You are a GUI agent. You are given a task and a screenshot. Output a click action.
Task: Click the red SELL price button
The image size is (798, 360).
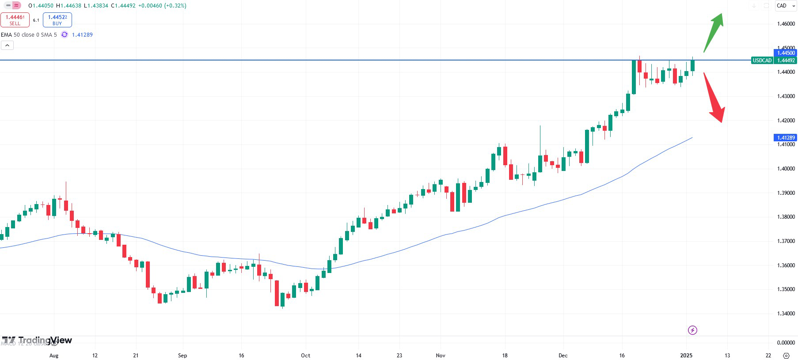[15, 20]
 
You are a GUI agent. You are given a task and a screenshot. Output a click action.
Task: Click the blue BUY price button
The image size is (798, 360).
[57, 20]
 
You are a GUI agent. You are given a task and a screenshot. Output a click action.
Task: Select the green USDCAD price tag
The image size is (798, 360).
[762, 61]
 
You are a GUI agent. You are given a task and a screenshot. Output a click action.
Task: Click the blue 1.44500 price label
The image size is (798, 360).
[786, 53]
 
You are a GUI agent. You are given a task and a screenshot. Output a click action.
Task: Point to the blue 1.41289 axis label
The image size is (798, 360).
[786, 138]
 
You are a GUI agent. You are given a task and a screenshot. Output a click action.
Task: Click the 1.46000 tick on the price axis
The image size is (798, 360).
[786, 24]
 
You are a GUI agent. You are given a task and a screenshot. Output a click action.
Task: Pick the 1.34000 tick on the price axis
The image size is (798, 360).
[786, 314]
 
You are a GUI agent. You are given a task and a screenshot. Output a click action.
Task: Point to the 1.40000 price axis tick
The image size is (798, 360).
[786, 169]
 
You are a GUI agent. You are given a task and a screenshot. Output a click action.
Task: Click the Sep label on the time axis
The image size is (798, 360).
[182, 356]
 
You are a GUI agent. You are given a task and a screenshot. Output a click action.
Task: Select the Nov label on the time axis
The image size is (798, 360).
[441, 356]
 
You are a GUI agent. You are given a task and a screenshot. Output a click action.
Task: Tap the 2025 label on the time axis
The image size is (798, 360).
[686, 356]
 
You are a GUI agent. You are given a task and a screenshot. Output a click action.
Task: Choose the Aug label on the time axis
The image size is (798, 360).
[54, 356]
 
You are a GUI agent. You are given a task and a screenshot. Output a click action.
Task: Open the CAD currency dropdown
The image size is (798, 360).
[786, 6]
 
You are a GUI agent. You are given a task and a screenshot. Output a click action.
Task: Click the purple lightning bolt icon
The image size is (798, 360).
[692, 330]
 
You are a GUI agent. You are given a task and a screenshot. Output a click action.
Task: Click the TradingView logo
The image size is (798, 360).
[37, 340]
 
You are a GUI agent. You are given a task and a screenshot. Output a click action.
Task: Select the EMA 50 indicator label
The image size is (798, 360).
[29, 35]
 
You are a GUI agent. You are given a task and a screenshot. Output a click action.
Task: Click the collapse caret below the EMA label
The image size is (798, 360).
[8, 45]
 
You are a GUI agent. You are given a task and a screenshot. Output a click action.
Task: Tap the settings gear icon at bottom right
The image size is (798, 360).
[786, 356]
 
